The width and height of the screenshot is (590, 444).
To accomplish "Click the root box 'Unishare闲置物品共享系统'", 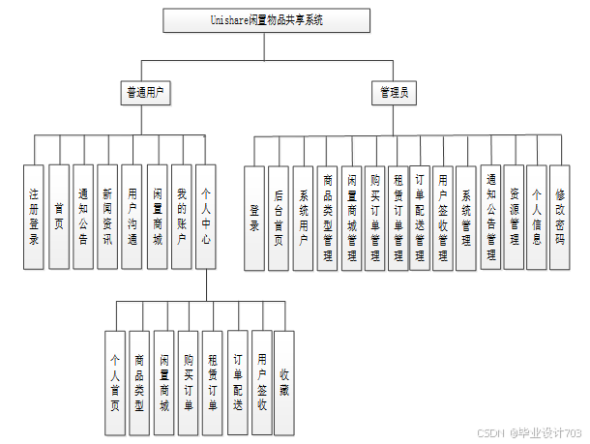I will [x=266, y=20].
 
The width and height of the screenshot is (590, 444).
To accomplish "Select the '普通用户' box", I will [x=143, y=93].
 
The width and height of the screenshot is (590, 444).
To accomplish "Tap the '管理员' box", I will [x=393, y=93].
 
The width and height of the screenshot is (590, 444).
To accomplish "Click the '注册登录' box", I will [x=35, y=216].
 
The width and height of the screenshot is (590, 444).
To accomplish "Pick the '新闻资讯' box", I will [x=107, y=216].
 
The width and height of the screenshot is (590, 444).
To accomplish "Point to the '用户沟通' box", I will [x=132, y=216].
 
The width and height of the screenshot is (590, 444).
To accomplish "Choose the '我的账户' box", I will [x=181, y=216].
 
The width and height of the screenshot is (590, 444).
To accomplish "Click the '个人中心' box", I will [x=205, y=216].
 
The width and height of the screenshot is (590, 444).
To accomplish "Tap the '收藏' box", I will [x=284, y=383].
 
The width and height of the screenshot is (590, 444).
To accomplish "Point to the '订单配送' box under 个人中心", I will [x=237, y=383].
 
